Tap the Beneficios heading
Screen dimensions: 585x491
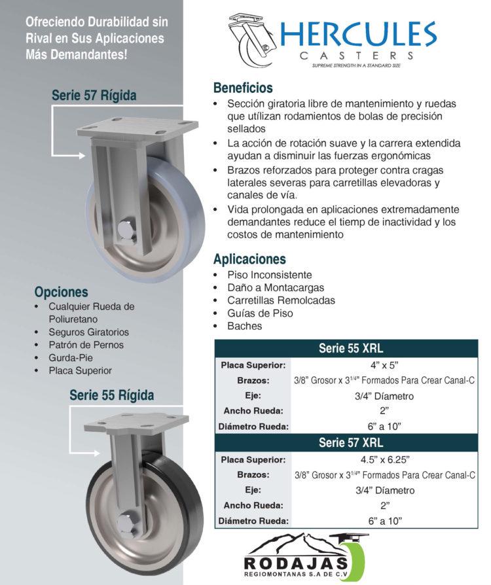pos(243,88)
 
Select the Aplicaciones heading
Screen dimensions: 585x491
pos(249,258)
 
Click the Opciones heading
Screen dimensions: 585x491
pos(61,292)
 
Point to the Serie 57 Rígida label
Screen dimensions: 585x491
pos(94,96)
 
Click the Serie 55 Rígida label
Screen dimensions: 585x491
pos(112,395)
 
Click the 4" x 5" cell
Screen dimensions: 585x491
pos(384,364)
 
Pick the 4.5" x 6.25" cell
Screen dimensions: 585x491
pos(384,459)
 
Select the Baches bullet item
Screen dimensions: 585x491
pos(244,326)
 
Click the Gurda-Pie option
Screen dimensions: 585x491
pos(71,357)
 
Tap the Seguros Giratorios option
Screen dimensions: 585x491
pos(88,332)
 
